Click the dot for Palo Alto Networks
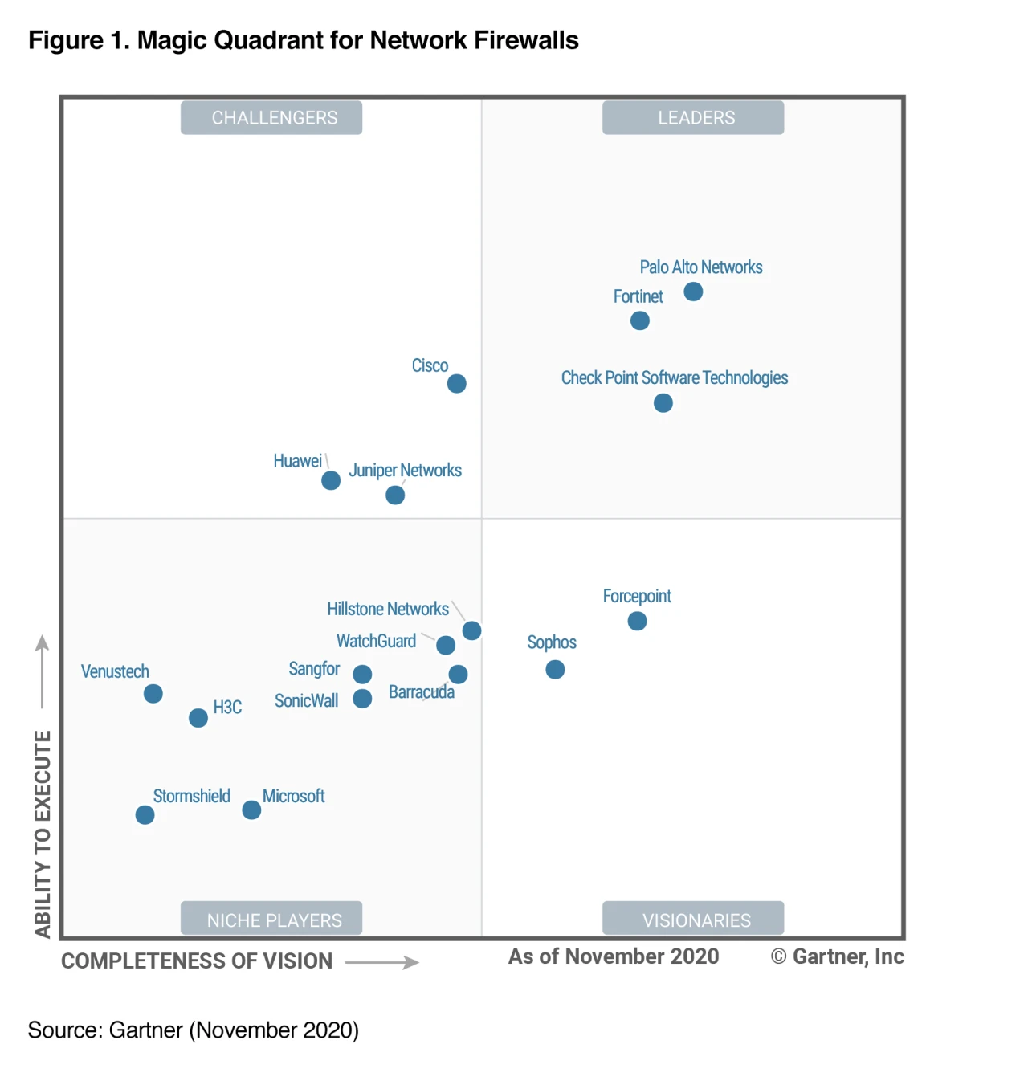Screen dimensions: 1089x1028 click(x=693, y=292)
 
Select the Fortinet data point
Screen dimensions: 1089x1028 click(x=640, y=320)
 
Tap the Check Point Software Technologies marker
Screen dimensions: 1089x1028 click(x=663, y=402)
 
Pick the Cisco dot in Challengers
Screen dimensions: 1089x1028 click(x=457, y=383)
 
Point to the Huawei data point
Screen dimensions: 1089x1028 click(x=331, y=480)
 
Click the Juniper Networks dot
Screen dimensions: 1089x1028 click(x=395, y=495)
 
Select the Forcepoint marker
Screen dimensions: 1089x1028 click(x=637, y=621)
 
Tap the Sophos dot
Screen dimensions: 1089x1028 click(x=555, y=669)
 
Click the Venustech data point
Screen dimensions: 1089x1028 click(x=153, y=693)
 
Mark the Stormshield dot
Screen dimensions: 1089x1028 click(x=145, y=815)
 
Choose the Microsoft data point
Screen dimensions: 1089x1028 click(x=251, y=810)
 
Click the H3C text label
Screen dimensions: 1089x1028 click(x=227, y=707)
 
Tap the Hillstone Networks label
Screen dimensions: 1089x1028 click(x=388, y=609)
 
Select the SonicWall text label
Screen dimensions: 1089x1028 click(x=306, y=700)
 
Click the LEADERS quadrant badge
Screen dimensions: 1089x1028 click(x=693, y=117)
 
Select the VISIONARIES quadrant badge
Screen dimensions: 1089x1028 click(x=693, y=919)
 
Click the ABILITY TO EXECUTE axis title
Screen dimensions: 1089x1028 click(x=43, y=834)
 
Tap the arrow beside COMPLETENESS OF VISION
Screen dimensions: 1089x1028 click(x=383, y=961)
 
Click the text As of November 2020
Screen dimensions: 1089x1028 click(x=614, y=956)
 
